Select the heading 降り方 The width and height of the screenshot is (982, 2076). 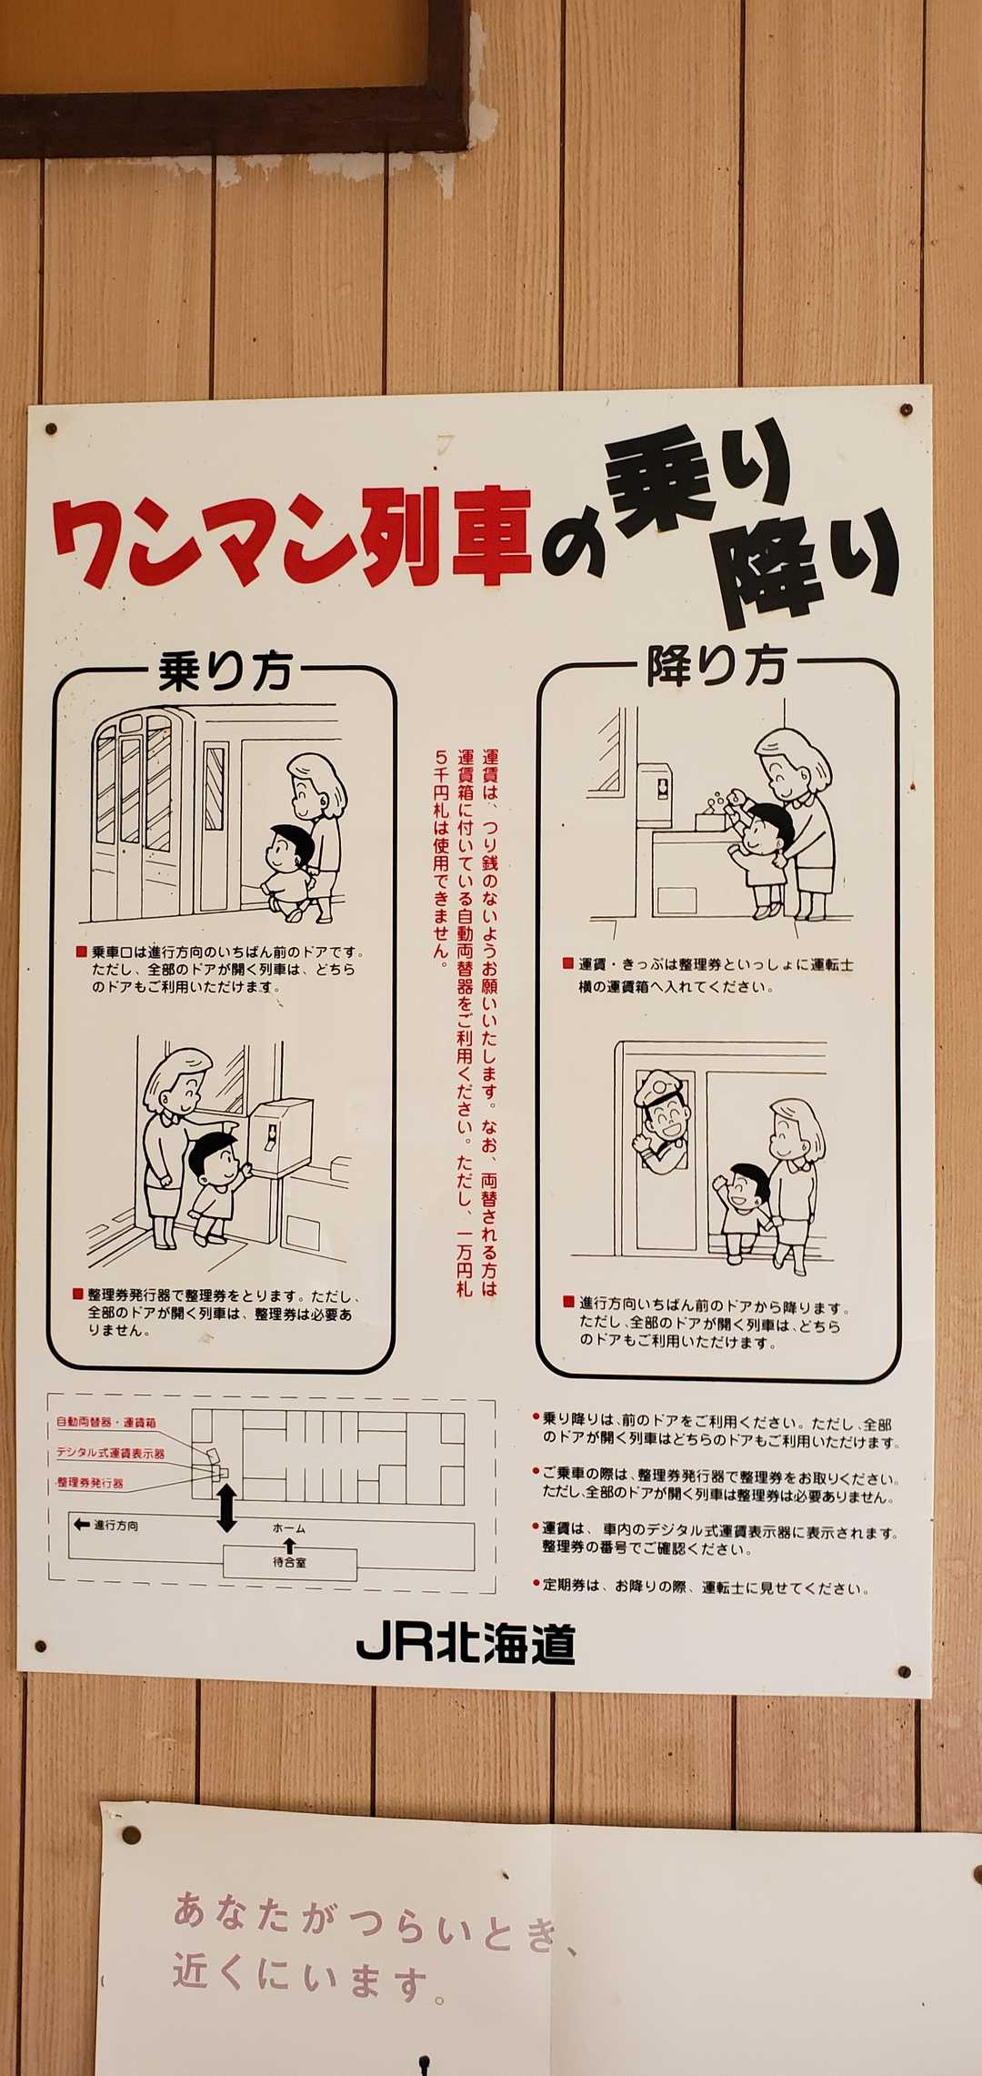coord(716,666)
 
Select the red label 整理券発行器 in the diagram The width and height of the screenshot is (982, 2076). coord(89,1483)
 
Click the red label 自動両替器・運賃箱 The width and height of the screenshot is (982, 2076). coord(106,1422)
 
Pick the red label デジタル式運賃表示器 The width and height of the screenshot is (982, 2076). coord(110,1453)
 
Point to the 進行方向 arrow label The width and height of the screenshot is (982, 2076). coord(106,1525)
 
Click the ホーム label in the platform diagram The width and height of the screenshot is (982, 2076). coord(288,1528)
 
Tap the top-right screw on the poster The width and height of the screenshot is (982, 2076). coord(906,410)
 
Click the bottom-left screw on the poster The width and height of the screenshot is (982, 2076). coord(39,1646)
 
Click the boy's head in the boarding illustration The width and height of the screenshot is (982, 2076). coord(290,847)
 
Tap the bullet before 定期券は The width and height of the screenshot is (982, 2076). coord(536,1584)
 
